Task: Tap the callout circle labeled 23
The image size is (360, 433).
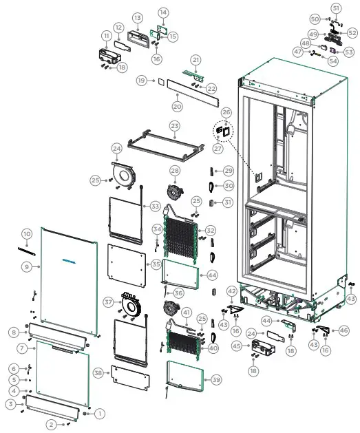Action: [x=175, y=126]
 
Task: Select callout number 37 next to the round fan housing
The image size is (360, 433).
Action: [x=108, y=302]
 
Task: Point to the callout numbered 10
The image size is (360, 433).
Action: [x=27, y=234]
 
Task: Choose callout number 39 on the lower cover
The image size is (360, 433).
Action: [x=216, y=380]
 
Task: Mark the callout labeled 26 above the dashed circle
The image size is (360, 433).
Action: [x=226, y=112]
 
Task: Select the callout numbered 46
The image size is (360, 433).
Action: [x=344, y=331]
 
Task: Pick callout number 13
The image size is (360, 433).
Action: [x=137, y=17]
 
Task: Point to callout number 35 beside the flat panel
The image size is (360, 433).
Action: [x=156, y=264]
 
